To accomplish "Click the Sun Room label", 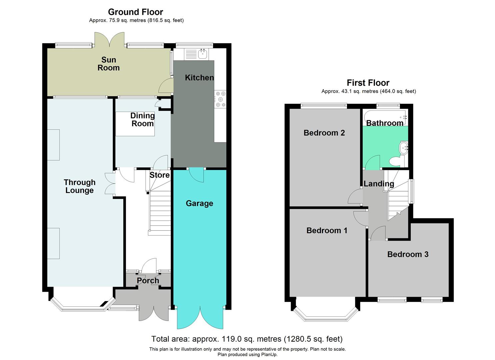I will point(108,64).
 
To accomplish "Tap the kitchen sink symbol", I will point(202,54).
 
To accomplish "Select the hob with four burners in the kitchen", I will point(220,99).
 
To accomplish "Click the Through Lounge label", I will point(79,186).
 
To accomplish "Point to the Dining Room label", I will point(142,120).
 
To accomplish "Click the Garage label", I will point(199,203).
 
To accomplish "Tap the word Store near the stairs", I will point(159,175).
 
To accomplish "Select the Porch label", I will point(148,281).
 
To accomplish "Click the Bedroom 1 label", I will point(327,230).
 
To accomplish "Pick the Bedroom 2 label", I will point(324,133).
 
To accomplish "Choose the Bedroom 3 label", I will point(408,254).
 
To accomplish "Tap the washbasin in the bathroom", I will point(404,147).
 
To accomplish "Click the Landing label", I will point(379,184).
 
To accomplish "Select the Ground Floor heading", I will point(135,12).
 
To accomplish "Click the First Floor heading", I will point(368,83).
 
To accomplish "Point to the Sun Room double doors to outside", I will point(110,39).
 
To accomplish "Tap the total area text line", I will point(247,339).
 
